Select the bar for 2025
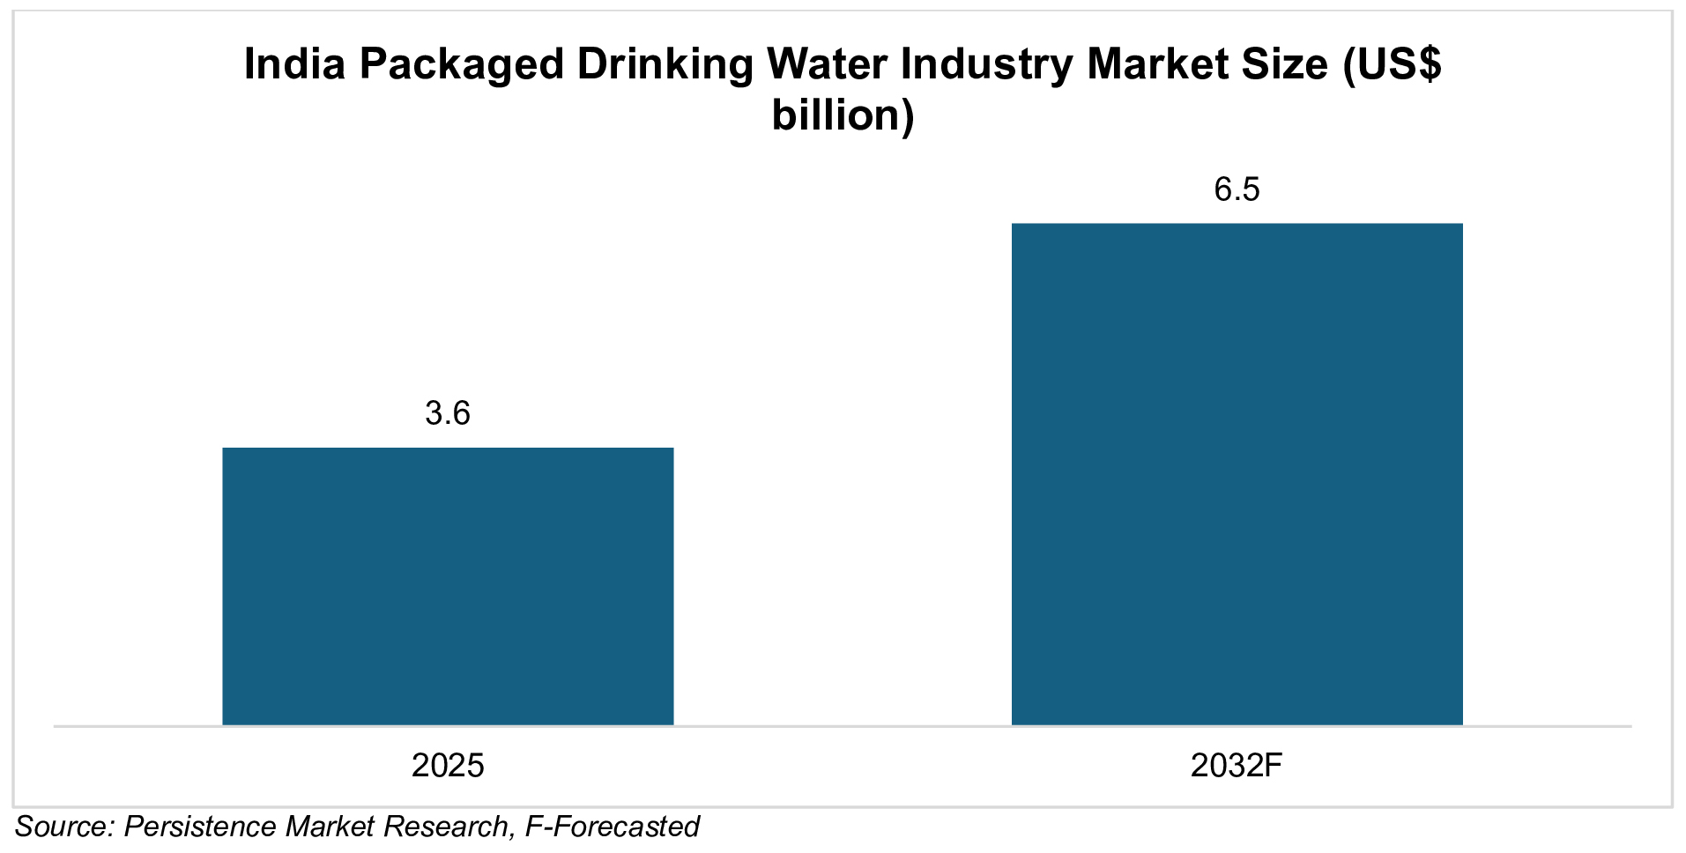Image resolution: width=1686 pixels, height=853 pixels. (x=448, y=586)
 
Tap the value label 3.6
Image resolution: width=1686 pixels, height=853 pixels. (x=448, y=413)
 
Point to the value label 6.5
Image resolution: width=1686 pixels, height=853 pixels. (x=1237, y=189)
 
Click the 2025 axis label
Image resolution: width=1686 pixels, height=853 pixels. (x=448, y=765)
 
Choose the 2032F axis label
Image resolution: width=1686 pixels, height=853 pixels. (x=1237, y=765)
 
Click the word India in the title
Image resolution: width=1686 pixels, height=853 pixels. (x=293, y=64)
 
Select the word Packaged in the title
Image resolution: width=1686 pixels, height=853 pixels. (x=461, y=64)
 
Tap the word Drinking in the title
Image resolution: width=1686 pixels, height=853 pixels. (x=665, y=64)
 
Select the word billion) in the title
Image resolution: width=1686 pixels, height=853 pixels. (x=843, y=115)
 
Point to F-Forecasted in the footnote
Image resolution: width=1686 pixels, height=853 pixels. (x=612, y=827)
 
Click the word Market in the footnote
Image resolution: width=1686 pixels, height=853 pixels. (x=323, y=827)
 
